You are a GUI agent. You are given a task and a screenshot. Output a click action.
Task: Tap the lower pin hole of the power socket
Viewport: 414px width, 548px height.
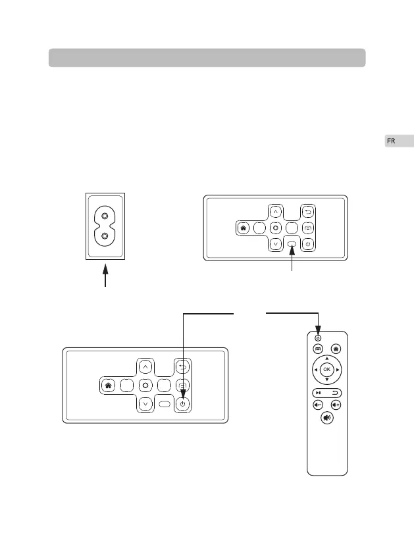pyautogui.click(x=105, y=236)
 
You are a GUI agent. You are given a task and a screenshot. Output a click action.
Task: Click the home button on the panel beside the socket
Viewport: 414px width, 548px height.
pyautogui.click(x=243, y=228)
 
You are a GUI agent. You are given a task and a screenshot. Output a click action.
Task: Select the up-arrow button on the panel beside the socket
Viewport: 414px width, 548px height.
pyautogui.click(x=276, y=212)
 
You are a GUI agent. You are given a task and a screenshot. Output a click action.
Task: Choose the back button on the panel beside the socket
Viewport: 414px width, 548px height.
pyautogui.click(x=309, y=212)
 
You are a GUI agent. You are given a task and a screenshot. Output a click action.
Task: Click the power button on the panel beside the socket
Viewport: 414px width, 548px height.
pyautogui.click(x=309, y=244)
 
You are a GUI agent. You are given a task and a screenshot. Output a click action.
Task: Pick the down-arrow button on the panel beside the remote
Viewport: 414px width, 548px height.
pyautogui.click(x=144, y=404)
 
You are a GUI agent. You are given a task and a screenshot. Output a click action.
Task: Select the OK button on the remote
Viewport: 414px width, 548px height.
pyautogui.click(x=327, y=370)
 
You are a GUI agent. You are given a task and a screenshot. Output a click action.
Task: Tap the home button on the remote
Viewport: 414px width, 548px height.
pyautogui.click(x=336, y=349)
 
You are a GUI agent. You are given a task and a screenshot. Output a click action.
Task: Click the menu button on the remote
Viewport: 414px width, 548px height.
pyautogui.click(x=318, y=349)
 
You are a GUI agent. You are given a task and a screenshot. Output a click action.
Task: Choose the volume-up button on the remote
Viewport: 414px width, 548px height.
pyautogui.click(x=336, y=405)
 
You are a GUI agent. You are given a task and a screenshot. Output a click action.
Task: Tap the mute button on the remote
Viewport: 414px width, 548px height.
pyautogui.click(x=327, y=418)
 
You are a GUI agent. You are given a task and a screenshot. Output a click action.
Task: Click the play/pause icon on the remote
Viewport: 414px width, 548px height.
pyautogui.click(x=318, y=393)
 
